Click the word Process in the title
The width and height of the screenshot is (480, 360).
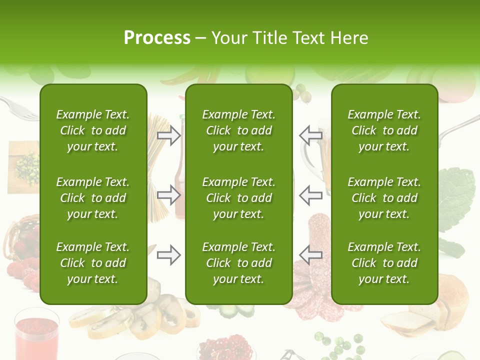tap(157, 38)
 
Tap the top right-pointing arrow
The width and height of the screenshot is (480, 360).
tap(169, 135)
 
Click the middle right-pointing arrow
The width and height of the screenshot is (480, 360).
tap(169, 194)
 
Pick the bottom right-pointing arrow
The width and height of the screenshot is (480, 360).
tap(169, 254)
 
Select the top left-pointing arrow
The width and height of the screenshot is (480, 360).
tap(311, 135)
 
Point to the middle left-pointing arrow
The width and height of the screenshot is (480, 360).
tap(311, 194)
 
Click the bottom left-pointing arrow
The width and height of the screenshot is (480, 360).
tap(311, 254)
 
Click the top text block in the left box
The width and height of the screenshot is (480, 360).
tap(93, 130)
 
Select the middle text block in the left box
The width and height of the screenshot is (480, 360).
tap(93, 198)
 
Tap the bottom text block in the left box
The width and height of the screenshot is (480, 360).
tap(93, 263)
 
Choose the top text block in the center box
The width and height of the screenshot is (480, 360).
tap(239, 130)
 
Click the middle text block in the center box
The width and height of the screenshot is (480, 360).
tap(239, 198)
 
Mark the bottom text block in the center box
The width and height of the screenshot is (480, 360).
tap(239, 263)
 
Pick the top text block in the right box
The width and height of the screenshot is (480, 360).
tap(384, 130)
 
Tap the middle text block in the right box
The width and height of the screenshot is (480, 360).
tap(384, 198)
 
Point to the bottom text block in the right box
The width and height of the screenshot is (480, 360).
tap(384, 263)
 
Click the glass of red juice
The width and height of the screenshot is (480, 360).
tap(36, 335)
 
